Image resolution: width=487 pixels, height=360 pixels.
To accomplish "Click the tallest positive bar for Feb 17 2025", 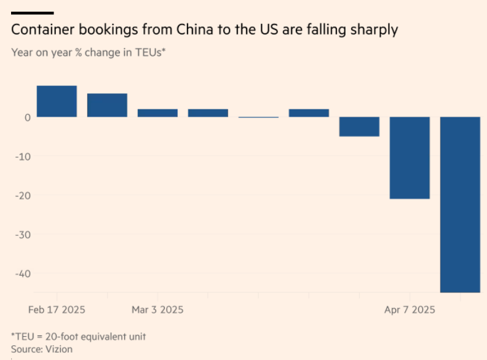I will pos(57,101).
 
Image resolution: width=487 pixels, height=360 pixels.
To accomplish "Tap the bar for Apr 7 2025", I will pos(410,158).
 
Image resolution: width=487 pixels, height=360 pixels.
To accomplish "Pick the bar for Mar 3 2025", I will pos(157,113).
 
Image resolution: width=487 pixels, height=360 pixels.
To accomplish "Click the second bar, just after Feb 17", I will pos(107,105).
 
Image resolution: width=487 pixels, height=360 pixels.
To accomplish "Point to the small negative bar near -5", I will pos(359,127).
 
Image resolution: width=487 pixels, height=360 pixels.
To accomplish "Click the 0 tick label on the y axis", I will pos(26,117).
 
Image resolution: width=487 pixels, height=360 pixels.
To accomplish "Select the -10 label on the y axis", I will pos(22,156).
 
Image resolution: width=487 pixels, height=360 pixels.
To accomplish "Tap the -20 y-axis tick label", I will pos(22,195).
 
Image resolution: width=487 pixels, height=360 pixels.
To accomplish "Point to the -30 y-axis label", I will pos(22,235).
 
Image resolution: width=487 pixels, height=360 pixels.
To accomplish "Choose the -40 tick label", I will pos(22,274).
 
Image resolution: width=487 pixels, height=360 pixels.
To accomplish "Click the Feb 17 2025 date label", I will pos(57,309).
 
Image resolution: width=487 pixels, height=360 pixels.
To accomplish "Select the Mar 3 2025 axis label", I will pos(157,309).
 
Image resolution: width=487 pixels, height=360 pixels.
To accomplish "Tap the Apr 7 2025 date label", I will pos(410,309).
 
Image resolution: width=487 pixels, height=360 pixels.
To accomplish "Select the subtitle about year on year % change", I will pos(89,52).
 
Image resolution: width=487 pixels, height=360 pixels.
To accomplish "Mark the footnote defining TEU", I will pos(79,336).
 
